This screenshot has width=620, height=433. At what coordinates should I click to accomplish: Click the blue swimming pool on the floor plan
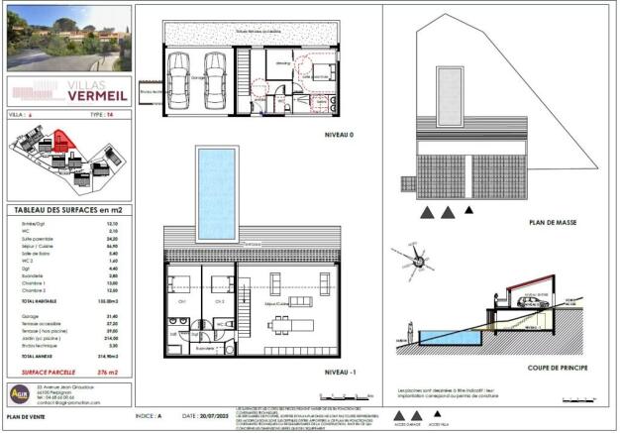(214, 194)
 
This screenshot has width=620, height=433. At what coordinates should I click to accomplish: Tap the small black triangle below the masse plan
(469, 211)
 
